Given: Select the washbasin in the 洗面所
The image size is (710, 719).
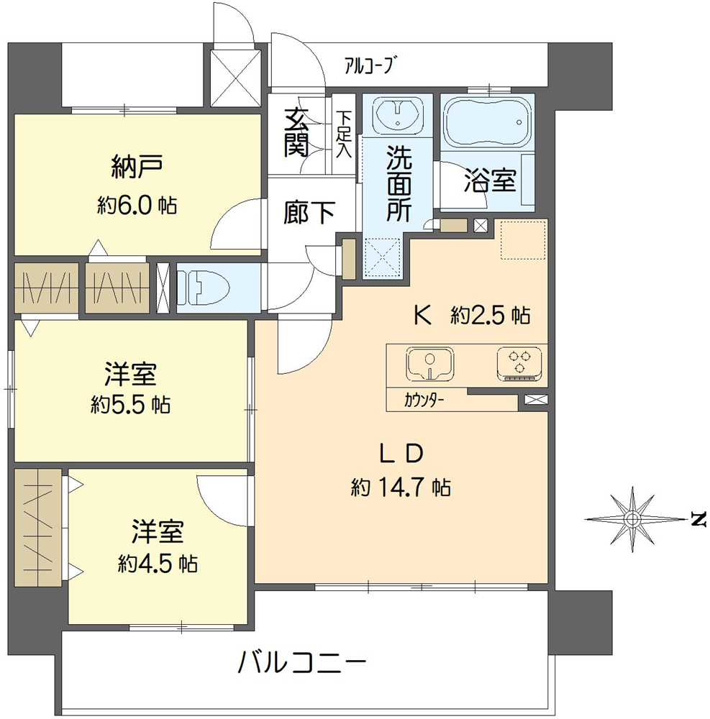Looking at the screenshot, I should (396, 115).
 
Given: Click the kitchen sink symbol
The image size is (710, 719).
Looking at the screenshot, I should (430, 363).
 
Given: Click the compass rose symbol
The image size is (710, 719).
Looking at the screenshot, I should (632, 518).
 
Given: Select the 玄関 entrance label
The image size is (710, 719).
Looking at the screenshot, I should (296, 133).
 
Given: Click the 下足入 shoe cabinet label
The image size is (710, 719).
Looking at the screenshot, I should (346, 133).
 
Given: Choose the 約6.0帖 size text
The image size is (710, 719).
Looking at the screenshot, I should (137, 206).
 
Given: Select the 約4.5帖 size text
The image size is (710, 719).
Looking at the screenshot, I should (158, 562).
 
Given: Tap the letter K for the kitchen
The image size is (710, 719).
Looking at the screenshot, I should (423, 315).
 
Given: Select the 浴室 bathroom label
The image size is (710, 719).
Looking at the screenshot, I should (490, 181).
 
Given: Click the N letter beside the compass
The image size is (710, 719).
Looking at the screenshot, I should (695, 518).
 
